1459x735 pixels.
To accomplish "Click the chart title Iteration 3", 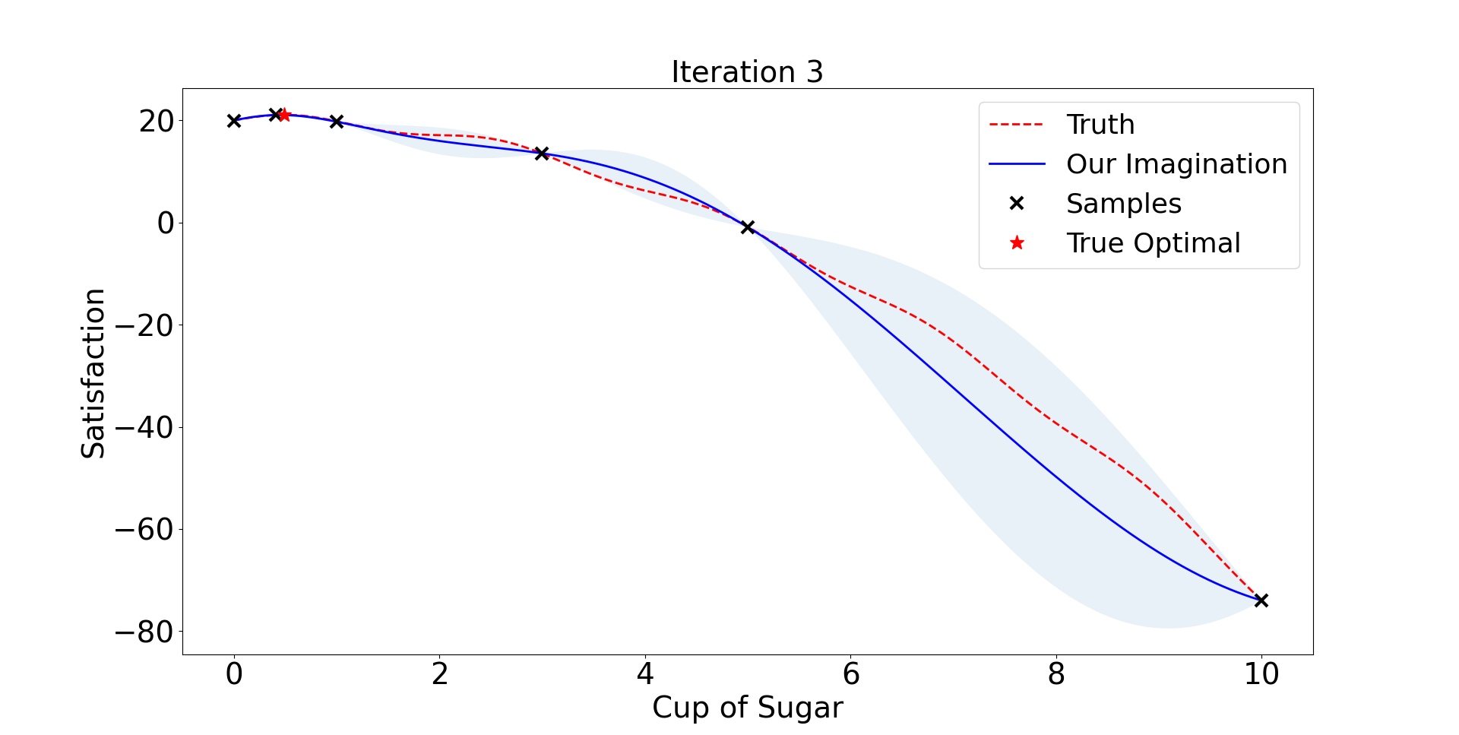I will point(747,72).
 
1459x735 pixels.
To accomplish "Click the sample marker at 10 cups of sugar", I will point(1261,600).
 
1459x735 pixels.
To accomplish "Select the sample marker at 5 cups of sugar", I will point(748,227).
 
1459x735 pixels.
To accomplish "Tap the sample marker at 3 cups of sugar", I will point(542,154).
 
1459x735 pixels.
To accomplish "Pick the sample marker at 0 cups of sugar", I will point(234,121).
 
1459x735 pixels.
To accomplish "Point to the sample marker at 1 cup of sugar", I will point(337,122).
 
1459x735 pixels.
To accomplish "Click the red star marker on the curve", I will point(285,116).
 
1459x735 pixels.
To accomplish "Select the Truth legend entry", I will point(1100,125).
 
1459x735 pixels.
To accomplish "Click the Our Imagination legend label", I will point(1176,164).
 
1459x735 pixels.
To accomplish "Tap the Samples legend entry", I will point(1123,204).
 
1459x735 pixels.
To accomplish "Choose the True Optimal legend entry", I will point(1153,243).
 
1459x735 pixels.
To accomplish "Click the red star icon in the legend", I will point(1017,243).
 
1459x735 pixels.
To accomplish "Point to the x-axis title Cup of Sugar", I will point(747,708).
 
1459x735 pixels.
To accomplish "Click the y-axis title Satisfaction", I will point(93,372).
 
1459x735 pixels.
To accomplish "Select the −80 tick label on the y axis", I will point(144,632).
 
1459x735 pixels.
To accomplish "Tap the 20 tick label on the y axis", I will point(156,121).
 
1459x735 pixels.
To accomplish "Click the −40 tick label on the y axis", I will point(144,427).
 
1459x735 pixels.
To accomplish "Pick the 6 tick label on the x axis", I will point(850,674).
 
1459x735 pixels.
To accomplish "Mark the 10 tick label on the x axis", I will point(1261,674).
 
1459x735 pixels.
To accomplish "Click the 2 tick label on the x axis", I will point(439,674).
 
